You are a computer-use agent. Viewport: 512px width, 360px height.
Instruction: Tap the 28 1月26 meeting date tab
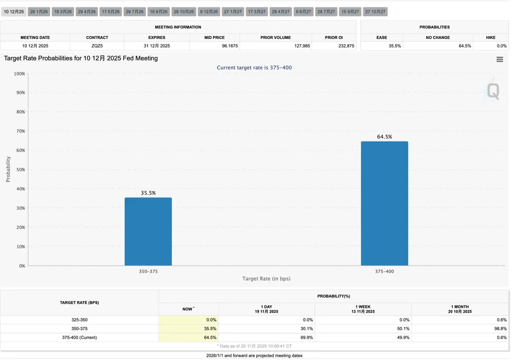pos(39,12)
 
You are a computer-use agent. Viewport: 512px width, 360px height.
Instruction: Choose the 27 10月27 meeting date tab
pos(375,12)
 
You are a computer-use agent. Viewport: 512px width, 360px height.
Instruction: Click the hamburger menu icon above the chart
pos(500,60)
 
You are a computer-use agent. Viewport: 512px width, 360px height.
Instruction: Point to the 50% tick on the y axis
pos(20,170)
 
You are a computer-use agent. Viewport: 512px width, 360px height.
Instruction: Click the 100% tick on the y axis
pos(19,73)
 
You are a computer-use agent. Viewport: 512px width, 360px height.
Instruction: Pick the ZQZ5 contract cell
pos(97,46)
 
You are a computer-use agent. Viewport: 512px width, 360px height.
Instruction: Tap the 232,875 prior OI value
pos(346,46)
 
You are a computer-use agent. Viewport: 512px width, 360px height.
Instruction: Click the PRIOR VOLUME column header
pos(276,38)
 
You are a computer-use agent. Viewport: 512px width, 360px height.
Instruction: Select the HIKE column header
pos(491,38)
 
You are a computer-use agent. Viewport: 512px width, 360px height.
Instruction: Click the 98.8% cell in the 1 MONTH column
pos(500,329)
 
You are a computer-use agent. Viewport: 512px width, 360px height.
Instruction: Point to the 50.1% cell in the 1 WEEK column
pos(403,329)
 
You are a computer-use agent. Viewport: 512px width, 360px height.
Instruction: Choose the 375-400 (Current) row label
pos(79,337)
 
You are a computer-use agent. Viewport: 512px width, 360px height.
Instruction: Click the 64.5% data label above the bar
pos(384,137)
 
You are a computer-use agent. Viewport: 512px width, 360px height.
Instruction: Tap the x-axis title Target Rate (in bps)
pos(266,279)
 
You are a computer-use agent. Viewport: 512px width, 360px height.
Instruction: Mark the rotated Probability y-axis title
pos(8,169)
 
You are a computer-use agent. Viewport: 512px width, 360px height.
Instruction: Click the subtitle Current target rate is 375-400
pos(254,68)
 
